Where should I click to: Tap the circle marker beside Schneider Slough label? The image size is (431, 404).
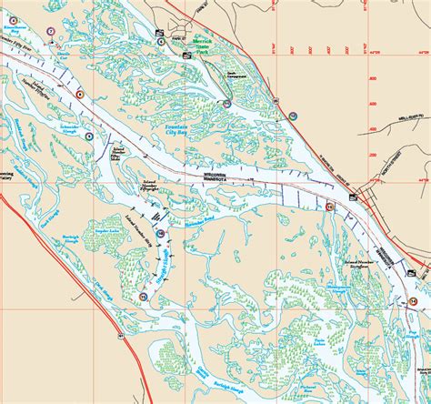click(88, 136)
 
